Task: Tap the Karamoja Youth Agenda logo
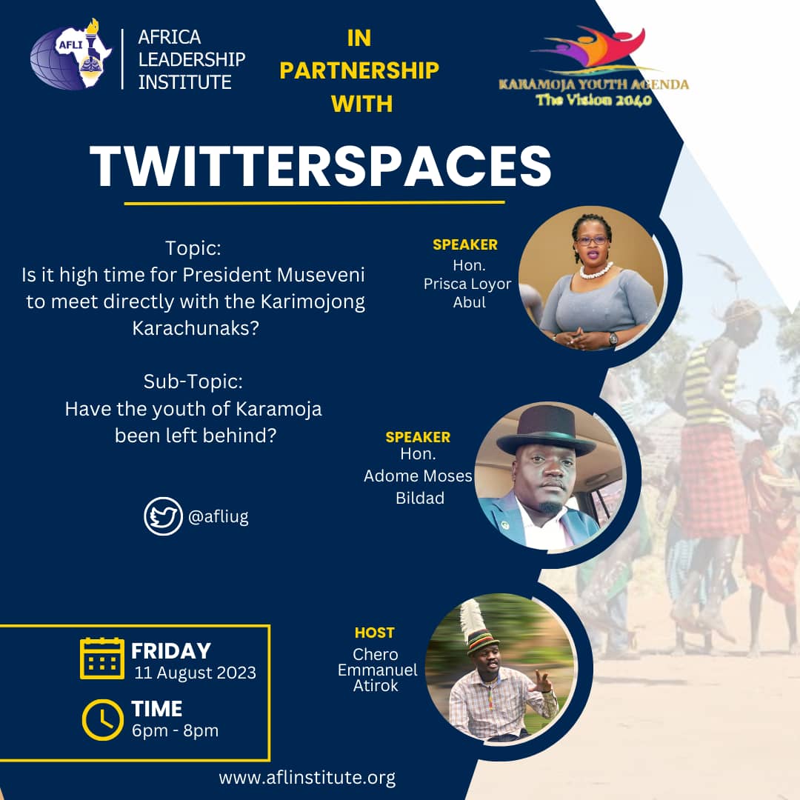pyautogui.click(x=593, y=67)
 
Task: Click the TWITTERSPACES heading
pyautogui.click(x=321, y=167)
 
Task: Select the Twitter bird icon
pyautogui.click(x=163, y=516)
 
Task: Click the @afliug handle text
pyautogui.click(x=219, y=517)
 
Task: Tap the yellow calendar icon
pyautogui.click(x=102, y=658)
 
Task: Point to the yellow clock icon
pyautogui.click(x=102, y=719)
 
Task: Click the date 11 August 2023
pyautogui.click(x=195, y=673)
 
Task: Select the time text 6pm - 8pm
pyautogui.click(x=175, y=730)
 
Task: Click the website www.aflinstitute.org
pyautogui.click(x=307, y=778)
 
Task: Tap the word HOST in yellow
pyautogui.click(x=374, y=633)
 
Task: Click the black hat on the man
pyautogui.click(x=546, y=433)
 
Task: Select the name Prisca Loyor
pyautogui.click(x=467, y=284)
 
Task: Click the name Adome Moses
pyautogui.click(x=418, y=476)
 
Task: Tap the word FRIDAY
pyautogui.click(x=171, y=651)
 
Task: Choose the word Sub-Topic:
pyautogui.click(x=193, y=383)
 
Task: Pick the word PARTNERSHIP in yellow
pyautogui.click(x=359, y=70)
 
